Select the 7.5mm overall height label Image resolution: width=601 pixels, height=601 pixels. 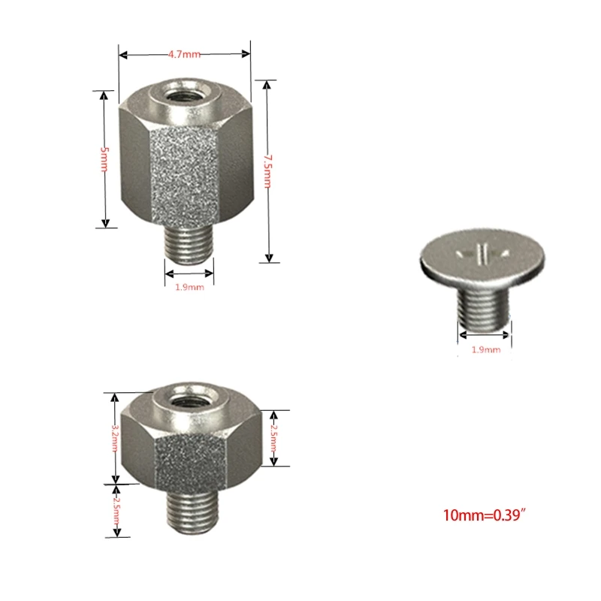267,170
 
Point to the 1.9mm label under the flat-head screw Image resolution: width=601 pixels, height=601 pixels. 485,349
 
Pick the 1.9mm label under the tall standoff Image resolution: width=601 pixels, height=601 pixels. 189,287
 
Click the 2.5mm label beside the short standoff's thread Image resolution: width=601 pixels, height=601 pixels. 116,511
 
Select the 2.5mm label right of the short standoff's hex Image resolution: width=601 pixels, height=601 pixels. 273,438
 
